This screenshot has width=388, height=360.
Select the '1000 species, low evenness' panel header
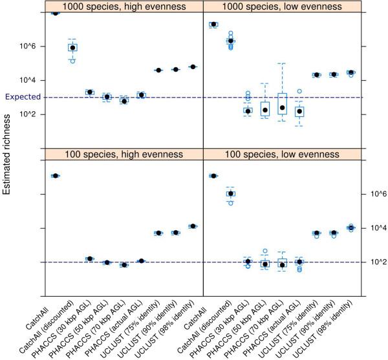point(282,6)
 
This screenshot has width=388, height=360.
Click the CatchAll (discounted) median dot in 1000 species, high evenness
point(72,48)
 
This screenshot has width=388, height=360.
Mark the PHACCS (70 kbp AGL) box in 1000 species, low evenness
point(282,103)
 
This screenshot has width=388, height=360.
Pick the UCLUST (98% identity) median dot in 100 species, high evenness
point(193,226)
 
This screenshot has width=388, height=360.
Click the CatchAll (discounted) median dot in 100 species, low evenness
point(230,193)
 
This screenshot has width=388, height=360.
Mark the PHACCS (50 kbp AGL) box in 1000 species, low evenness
point(264,108)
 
